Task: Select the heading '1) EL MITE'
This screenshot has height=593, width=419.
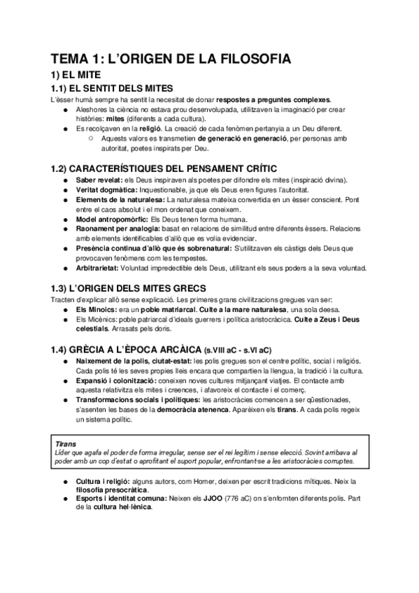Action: (78, 75)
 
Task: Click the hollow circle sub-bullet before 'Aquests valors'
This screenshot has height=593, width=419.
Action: (92, 138)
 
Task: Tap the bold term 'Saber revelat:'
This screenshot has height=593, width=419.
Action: (101, 180)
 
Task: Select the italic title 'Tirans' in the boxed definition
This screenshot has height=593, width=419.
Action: (67, 443)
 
